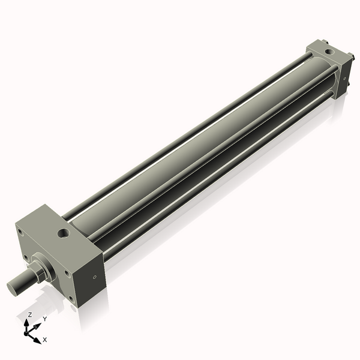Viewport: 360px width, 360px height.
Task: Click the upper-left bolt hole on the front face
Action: tap(22, 233)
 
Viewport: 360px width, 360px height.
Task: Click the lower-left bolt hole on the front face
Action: tap(26, 259)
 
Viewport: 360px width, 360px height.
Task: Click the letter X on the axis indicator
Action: tap(45, 340)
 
